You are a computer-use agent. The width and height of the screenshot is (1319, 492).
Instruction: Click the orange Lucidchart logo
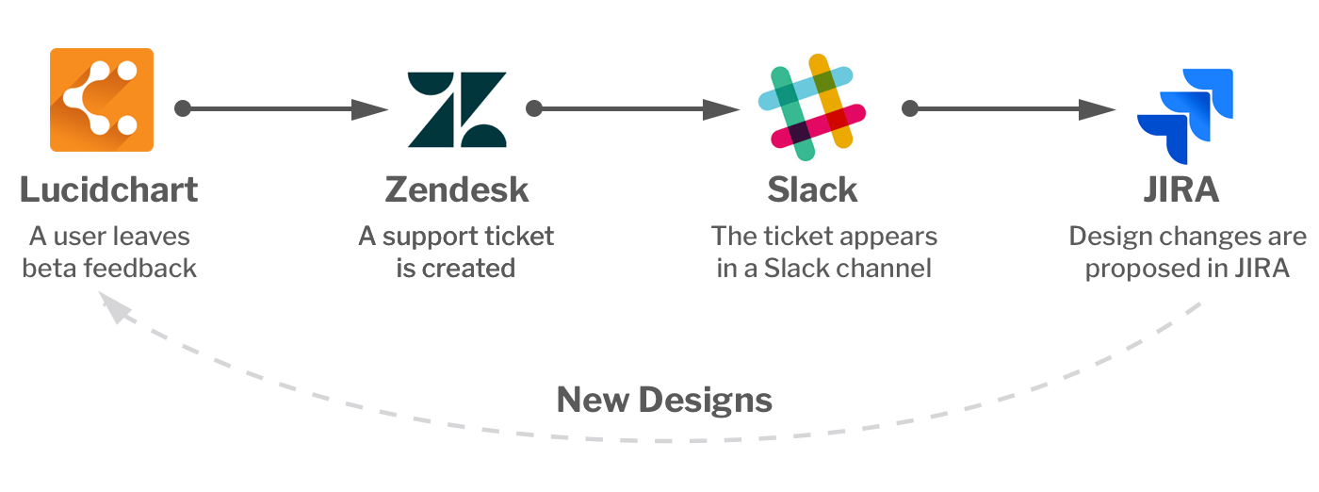pos(101,99)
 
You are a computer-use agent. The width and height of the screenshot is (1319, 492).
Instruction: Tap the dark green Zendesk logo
pos(457,109)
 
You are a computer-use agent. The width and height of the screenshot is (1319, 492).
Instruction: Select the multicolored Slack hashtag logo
pos(811,103)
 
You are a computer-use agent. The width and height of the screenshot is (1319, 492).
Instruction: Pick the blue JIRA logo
pos(1185,117)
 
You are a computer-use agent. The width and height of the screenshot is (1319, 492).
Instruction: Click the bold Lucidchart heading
pos(109,189)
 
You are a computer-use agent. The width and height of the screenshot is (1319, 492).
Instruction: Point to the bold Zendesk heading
pos(457,189)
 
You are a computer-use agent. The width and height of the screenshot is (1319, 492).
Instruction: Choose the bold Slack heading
pos(812,189)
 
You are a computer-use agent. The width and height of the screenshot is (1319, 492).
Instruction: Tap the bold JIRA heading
pos(1181,189)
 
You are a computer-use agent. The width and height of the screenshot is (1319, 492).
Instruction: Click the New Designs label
pos(664,400)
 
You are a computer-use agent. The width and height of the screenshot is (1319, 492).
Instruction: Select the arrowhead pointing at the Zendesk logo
pos(370,109)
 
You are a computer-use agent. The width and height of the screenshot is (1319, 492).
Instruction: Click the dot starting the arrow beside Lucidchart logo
pos(183,109)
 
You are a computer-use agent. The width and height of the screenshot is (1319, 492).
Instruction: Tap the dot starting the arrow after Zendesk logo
pos(534,109)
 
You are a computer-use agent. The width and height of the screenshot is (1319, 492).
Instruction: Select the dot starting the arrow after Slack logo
pos(909,109)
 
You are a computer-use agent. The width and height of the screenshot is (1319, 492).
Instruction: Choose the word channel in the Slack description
pos(887,268)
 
